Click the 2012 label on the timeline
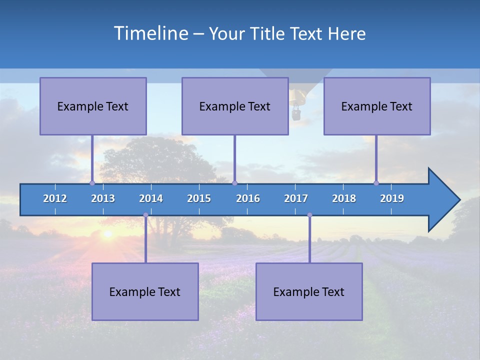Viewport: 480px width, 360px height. coord(55,198)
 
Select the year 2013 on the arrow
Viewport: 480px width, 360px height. coord(103,198)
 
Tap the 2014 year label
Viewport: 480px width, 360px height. coord(151,198)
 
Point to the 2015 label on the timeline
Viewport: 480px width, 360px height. coord(199,198)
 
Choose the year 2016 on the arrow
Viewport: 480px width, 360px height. coord(248,198)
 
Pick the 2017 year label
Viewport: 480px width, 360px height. coord(296,198)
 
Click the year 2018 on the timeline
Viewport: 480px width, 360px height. coord(344,198)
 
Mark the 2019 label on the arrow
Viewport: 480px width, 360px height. coord(392,198)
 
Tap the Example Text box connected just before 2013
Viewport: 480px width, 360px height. coord(93,106)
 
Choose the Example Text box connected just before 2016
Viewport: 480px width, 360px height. coord(235,106)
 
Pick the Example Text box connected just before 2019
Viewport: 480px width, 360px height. coord(377,106)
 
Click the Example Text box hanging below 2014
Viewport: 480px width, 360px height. coord(145,291)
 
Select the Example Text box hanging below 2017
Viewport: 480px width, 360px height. coord(309,291)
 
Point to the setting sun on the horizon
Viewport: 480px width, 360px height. coord(107,233)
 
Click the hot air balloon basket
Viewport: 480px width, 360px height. coord(296,114)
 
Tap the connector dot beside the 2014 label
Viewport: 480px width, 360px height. coord(145,215)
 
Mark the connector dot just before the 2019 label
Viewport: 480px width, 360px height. coord(376,183)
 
